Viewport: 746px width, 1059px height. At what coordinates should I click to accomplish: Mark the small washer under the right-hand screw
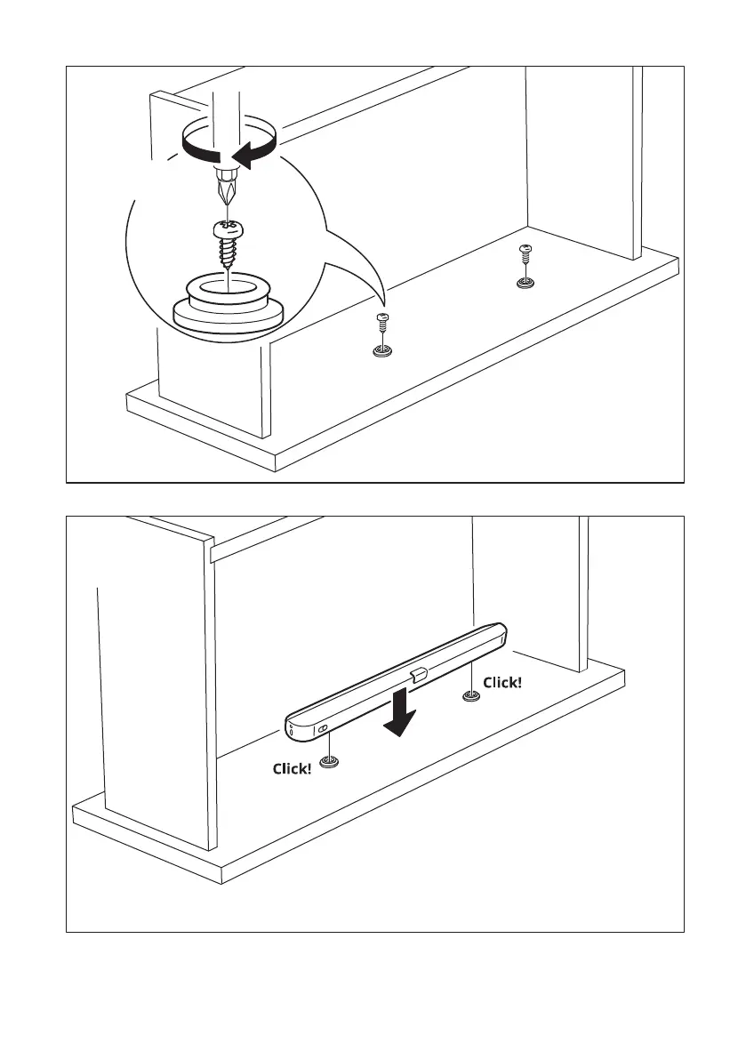point(525,284)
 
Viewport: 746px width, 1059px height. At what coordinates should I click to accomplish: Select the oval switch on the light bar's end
point(324,730)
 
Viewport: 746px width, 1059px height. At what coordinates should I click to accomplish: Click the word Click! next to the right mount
point(502,683)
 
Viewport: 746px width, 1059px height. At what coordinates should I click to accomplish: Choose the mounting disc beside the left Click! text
point(330,762)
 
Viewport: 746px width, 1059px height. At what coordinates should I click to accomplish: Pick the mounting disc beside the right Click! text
point(470,694)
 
